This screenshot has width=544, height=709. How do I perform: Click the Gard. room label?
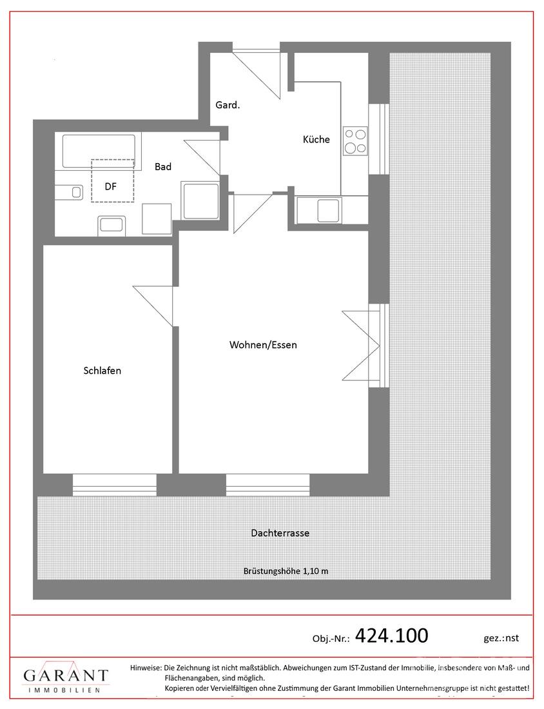click(228, 105)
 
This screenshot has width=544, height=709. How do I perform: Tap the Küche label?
click(316, 139)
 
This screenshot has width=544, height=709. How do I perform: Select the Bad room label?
click(163, 166)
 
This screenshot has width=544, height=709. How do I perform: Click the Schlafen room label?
click(102, 371)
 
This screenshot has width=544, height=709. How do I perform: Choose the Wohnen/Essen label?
click(263, 345)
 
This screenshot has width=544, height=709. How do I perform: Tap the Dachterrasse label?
click(280, 532)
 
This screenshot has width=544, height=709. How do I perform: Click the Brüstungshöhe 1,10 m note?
click(286, 570)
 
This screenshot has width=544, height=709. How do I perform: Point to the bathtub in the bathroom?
click(99, 151)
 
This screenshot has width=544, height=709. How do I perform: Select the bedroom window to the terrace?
click(114, 485)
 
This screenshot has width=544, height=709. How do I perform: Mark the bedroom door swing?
click(153, 306)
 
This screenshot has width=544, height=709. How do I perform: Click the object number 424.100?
click(392, 636)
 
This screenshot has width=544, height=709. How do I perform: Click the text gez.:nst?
click(501, 638)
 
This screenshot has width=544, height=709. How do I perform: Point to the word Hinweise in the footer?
click(146, 667)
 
